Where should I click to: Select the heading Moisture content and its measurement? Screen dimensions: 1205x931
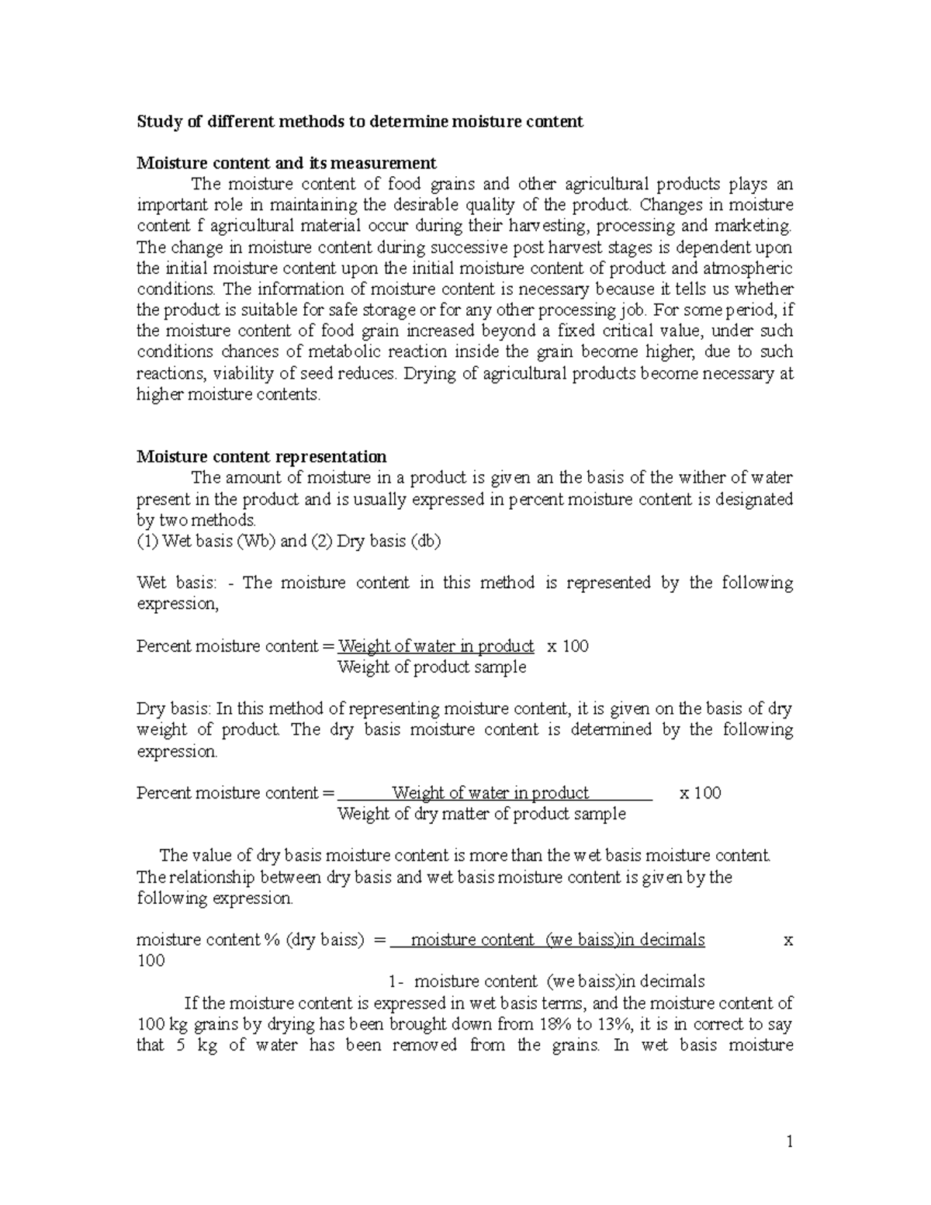click(x=286, y=163)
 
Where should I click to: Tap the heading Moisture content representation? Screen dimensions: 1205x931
click(x=261, y=456)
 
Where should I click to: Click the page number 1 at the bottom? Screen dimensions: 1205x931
click(x=790, y=1141)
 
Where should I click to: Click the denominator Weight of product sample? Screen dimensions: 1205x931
click(x=431, y=667)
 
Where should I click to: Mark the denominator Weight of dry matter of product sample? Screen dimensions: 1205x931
click(x=481, y=814)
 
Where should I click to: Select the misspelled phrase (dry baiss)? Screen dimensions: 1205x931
click(x=325, y=940)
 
